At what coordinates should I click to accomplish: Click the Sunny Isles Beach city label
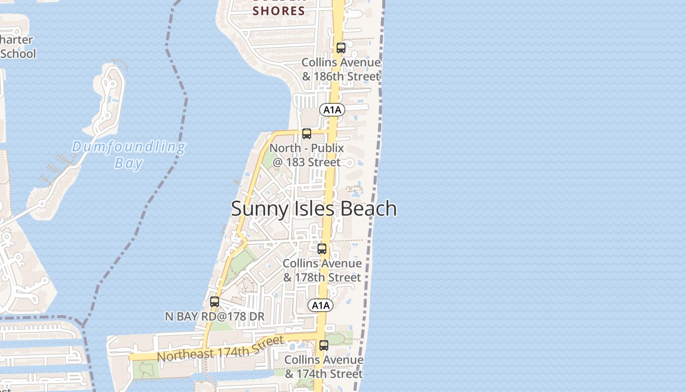click(x=314, y=209)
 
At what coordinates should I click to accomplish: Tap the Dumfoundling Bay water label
click(x=128, y=154)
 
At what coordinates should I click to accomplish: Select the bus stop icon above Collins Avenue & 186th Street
click(x=341, y=48)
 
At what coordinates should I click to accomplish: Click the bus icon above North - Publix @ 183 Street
click(x=307, y=133)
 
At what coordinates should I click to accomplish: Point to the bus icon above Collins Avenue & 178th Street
click(x=322, y=249)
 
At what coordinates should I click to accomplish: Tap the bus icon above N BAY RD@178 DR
click(x=215, y=302)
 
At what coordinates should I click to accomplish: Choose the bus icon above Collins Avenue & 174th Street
click(x=324, y=345)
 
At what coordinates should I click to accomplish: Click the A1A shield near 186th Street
click(x=332, y=110)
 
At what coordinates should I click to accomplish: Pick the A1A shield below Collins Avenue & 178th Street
click(x=320, y=306)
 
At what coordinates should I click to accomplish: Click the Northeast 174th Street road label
click(x=220, y=348)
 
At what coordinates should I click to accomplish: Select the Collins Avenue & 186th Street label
click(x=341, y=69)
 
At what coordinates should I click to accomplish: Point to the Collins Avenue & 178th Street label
click(x=322, y=270)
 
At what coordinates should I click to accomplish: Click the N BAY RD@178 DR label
click(x=215, y=317)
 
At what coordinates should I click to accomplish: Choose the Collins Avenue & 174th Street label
click(x=324, y=367)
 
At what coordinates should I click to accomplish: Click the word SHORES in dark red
click(x=279, y=11)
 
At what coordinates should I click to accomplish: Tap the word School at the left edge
click(x=18, y=53)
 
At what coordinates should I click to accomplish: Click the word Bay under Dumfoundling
click(x=128, y=163)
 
